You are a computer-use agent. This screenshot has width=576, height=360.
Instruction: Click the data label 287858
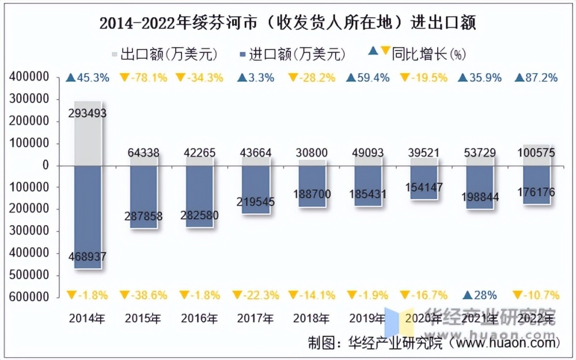[x=143, y=217]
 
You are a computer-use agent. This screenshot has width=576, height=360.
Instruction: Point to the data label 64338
[x=143, y=153]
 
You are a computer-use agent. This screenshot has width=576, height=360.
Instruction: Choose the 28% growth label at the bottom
[x=481, y=295]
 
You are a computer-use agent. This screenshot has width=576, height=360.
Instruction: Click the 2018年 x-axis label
[x=312, y=318]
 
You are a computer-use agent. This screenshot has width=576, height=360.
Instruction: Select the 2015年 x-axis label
[x=143, y=318]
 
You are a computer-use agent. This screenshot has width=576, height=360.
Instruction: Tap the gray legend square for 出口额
[x=114, y=55]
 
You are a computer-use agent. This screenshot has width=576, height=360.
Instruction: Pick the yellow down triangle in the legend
[x=385, y=51]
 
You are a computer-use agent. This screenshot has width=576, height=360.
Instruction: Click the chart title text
[x=288, y=23]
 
